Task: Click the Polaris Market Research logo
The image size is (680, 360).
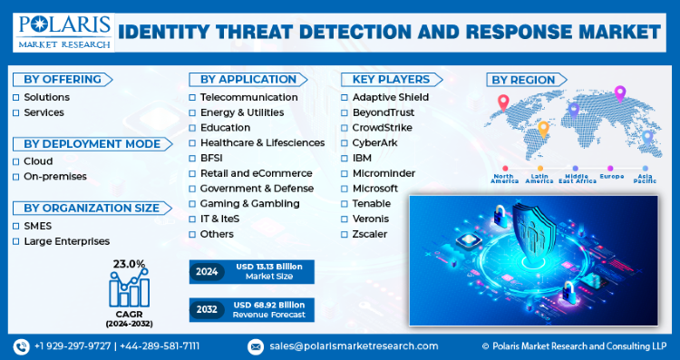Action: tap(64, 33)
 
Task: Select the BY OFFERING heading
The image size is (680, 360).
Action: tap(63, 80)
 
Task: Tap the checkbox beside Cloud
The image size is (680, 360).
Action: tap(16, 161)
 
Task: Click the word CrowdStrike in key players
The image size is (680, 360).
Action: tap(382, 128)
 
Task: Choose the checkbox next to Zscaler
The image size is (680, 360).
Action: tap(345, 235)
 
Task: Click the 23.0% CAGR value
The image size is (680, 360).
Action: tap(130, 264)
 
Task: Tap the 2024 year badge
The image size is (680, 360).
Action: tap(207, 272)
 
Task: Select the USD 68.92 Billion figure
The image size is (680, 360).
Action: tap(269, 305)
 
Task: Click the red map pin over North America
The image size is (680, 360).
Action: tap(503, 102)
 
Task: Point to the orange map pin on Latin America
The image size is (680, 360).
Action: tap(543, 130)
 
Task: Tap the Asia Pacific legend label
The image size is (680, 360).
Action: tap(645, 179)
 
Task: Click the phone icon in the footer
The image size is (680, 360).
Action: tap(21, 346)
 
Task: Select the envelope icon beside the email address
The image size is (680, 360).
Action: tap(256, 346)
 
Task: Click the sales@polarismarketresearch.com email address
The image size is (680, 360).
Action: tap(354, 346)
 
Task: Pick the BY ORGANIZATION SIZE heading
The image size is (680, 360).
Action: tap(92, 208)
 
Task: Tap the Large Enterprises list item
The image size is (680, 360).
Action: tap(67, 241)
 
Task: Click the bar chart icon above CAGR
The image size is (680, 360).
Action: tap(130, 288)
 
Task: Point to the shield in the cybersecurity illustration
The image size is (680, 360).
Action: tap(534, 229)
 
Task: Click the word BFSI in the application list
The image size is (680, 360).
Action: tap(211, 158)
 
